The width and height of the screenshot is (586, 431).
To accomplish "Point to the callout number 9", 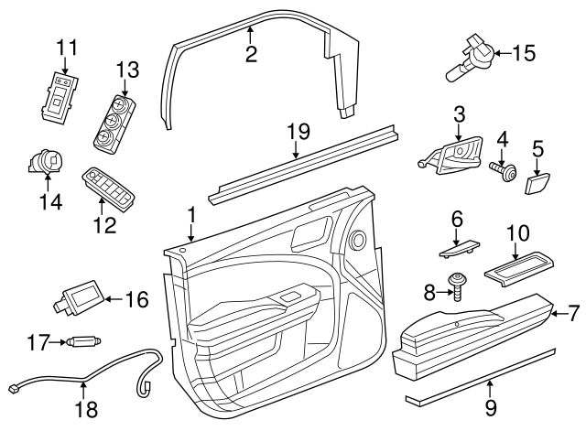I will point(491,405).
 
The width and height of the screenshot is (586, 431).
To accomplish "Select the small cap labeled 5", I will point(537,182).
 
